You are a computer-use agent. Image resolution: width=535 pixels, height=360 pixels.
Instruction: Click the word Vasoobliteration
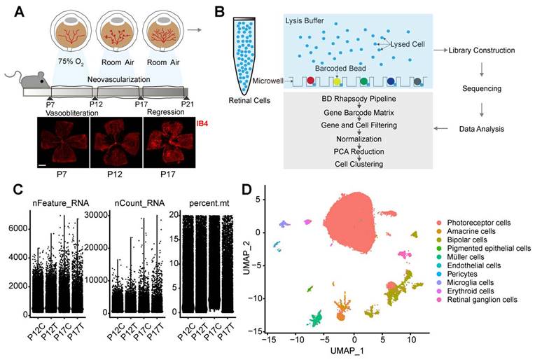[x=57, y=112]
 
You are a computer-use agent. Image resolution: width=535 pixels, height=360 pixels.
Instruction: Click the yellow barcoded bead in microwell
[x=337, y=82]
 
